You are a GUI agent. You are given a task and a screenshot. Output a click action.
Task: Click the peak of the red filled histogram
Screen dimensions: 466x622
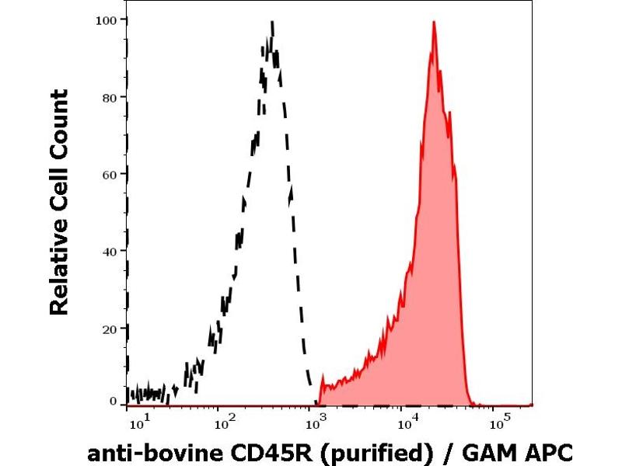pyautogui.click(x=434, y=23)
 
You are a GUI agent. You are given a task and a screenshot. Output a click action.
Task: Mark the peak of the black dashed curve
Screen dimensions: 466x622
pyautogui.click(x=272, y=23)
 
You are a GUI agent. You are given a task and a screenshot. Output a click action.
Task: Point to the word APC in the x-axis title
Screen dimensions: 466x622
pyautogui.click(x=547, y=452)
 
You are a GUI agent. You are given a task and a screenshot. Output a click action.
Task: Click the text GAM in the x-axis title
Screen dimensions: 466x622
pyautogui.click(x=493, y=452)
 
